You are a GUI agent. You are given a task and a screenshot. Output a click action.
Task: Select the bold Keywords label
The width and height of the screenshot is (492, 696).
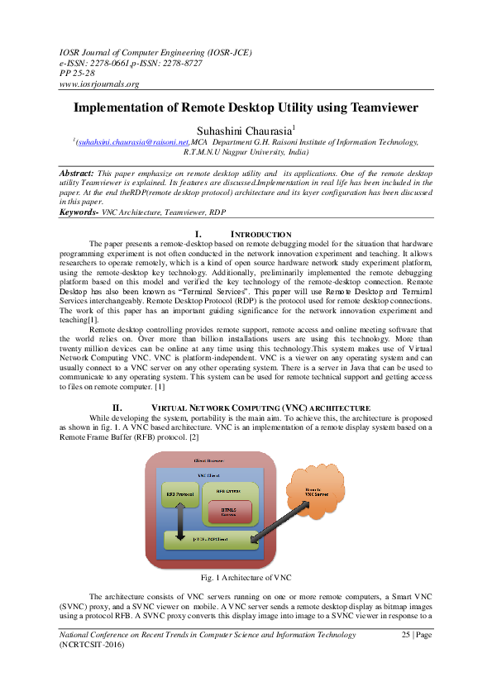coord(79,212)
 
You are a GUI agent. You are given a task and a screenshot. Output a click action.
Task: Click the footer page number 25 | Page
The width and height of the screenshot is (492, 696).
coord(417,635)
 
